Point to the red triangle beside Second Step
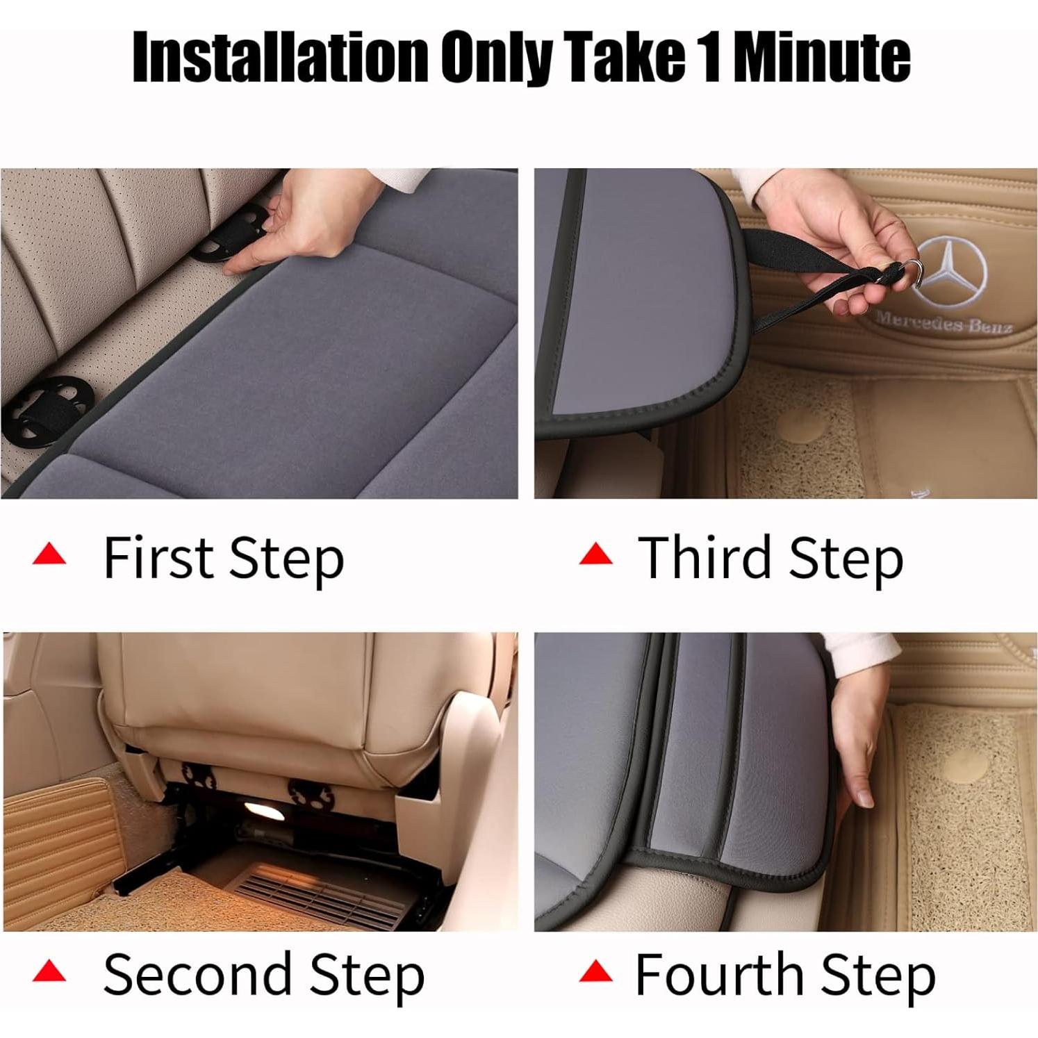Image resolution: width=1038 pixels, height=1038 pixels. [49, 971]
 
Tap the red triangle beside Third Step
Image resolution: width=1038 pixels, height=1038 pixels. [596, 554]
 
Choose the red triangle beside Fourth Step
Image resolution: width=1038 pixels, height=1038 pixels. [596, 971]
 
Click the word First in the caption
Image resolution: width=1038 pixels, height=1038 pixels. [158, 557]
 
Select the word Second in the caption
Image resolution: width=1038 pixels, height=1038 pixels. [197, 974]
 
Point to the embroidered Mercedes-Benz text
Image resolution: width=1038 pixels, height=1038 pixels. [943, 322]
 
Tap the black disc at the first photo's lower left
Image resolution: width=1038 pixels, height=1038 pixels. [47, 410]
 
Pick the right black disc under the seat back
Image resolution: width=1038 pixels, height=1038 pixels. [306, 794]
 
